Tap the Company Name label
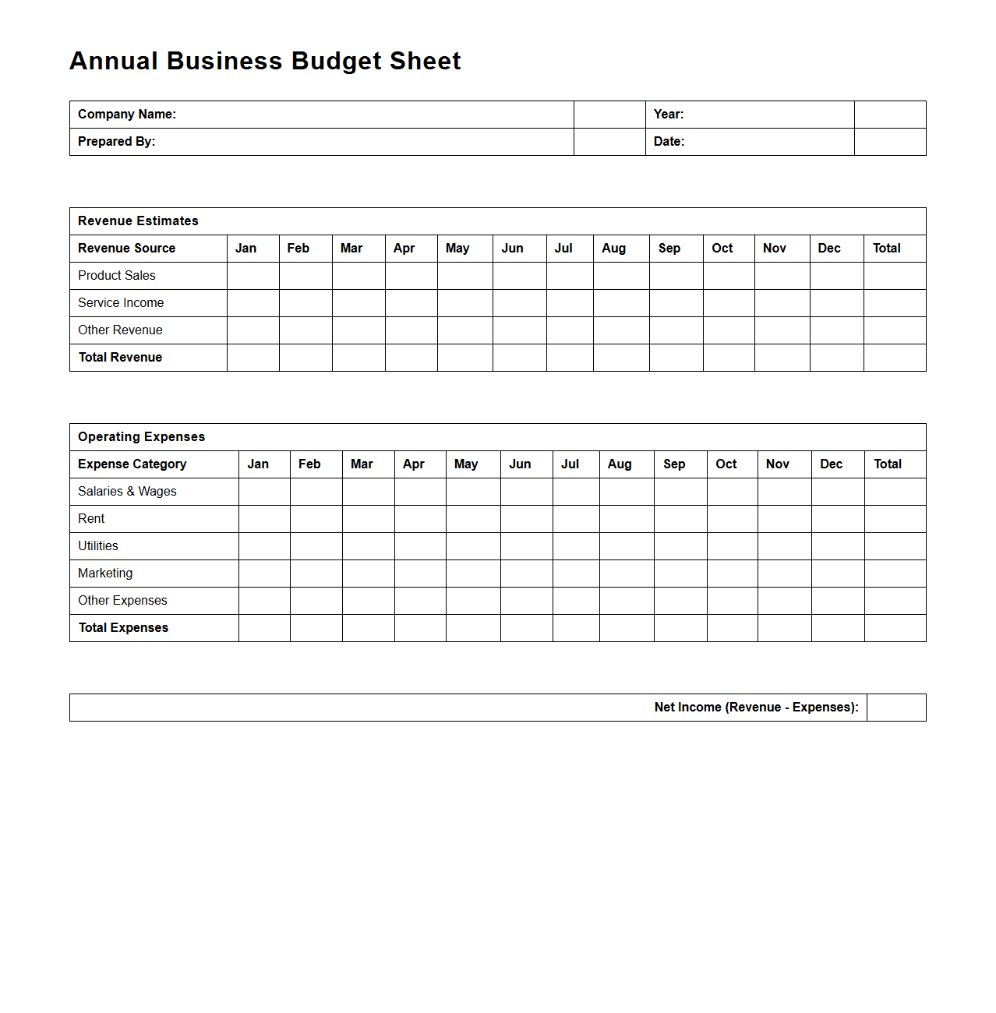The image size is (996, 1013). coord(127,115)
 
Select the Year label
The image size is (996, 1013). coord(669,115)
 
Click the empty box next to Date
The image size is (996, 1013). coord(890,142)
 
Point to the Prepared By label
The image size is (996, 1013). coord(117,142)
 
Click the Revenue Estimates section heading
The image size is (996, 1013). coord(138,221)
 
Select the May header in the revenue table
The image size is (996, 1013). coord(457,249)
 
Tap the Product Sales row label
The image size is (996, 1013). coord(117,276)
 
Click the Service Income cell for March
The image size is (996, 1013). coord(358,303)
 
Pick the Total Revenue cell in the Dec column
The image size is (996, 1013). coord(836,358)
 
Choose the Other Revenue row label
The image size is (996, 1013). coord(120,330)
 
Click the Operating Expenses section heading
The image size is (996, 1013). coord(141,437)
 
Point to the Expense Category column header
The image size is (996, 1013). coord(132,464)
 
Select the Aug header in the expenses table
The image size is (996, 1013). coord(620,464)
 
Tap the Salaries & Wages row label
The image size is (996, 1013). coord(127,492)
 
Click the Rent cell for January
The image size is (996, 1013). coord(264,519)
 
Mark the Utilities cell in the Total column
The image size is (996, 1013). coord(895,546)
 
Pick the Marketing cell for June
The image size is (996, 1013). coord(526,574)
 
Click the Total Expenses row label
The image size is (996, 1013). coord(123,628)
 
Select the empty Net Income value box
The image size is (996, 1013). coord(896,708)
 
